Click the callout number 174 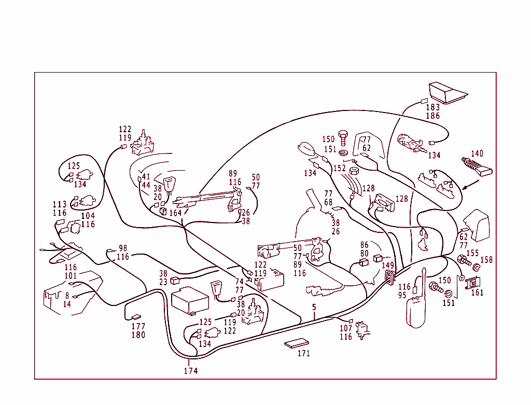tap(190, 371)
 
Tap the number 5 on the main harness tap(314, 308)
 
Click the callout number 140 tap(477, 153)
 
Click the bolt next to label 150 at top tap(343, 138)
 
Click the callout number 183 tap(432, 107)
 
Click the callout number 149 tap(388, 266)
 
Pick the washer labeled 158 tap(476, 269)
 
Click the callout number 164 tap(175, 213)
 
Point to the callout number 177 tap(138, 327)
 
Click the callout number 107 tap(346, 328)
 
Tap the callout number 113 tap(60, 205)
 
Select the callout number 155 tap(472, 253)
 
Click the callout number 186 tap(432, 116)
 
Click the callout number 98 tap(123, 248)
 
